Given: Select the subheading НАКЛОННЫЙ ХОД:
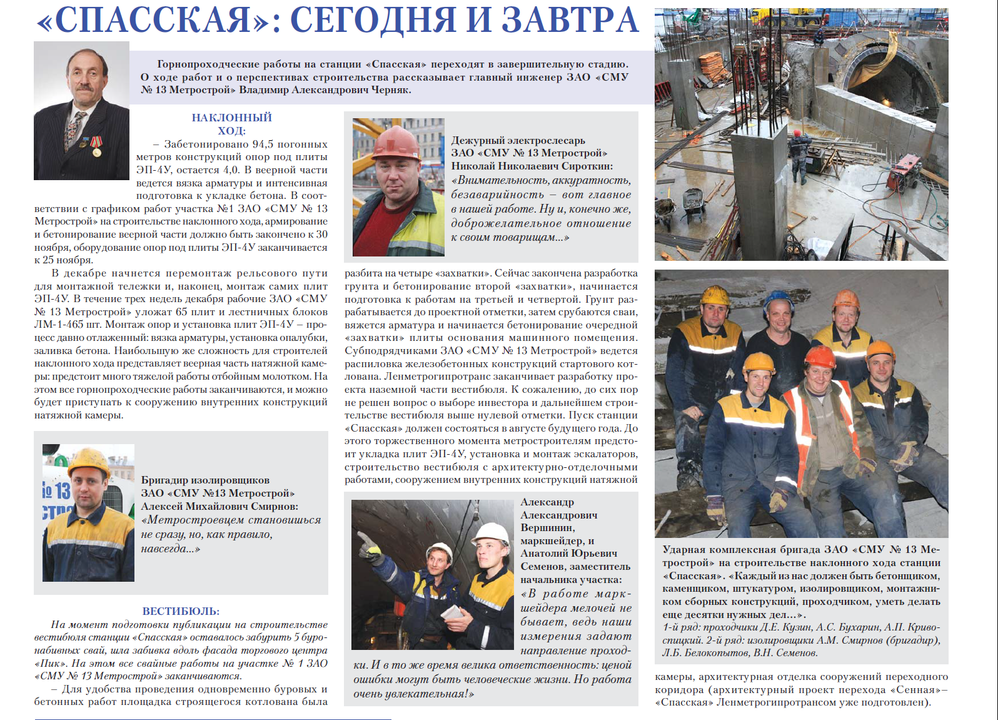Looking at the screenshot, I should (x=231, y=124).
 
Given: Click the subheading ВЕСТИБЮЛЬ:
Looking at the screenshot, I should (x=181, y=611).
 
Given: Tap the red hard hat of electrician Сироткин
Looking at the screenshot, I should (x=395, y=143).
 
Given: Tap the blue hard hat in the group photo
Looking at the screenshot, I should (x=779, y=300).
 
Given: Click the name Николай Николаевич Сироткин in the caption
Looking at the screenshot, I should (x=532, y=166).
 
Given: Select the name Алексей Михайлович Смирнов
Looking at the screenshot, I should (x=219, y=506).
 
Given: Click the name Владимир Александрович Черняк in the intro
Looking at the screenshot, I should (x=325, y=89).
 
